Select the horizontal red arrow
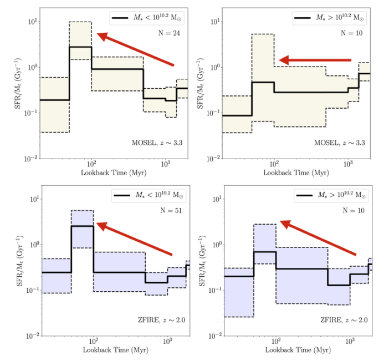pyautogui.click(x=315, y=60)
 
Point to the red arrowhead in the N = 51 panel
pyautogui.click(x=101, y=225)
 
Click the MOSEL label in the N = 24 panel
pyautogui.click(x=157, y=143)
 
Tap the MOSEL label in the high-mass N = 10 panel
pyautogui.click(x=340, y=143)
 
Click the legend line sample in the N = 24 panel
pyautogui.click(x=123, y=19)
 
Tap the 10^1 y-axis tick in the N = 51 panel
pyautogui.click(x=33, y=199)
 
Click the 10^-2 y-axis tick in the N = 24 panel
pyautogui.click(x=32, y=159)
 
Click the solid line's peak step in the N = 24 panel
pyautogui.click(x=80, y=47)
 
